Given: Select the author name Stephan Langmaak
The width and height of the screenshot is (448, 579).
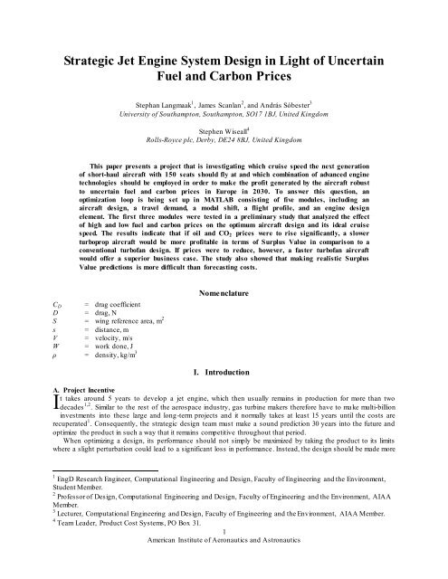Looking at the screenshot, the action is (167, 118).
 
